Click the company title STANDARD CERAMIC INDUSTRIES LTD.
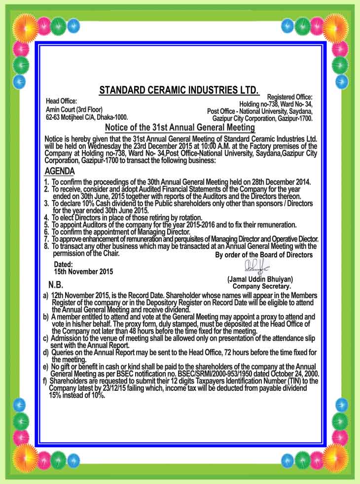tap(179, 90)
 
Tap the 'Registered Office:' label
tap(289, 97)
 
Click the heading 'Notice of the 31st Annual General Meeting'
tap(180, 128)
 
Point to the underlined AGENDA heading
tap(59, 172)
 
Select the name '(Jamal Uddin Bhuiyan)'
tap(260, 279)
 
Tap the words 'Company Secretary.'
tap(262, 286)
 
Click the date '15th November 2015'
tap(83, 272)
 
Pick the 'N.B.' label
tap(56, 285)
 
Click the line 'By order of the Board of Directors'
tap(264, 255)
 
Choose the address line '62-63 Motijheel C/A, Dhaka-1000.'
tap(87, 117)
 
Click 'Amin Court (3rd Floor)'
tap(74, 109)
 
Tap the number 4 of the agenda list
tap(46, 217)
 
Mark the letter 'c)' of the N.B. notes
tap(46, 338)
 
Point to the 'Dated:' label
tap(63, 265)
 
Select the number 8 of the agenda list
tap(46, 245)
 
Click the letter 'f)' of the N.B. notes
tap(45, 381)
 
